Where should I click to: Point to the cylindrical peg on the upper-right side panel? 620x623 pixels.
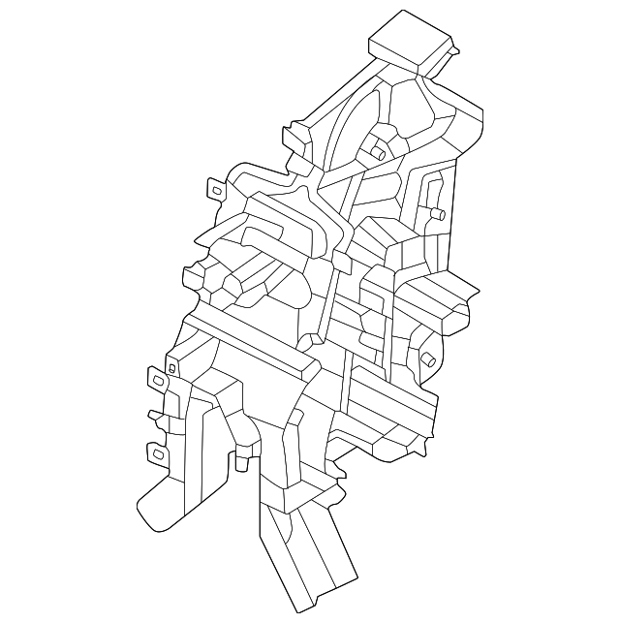[x=436, y=213]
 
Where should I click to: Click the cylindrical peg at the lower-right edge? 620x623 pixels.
[x=425, y=363]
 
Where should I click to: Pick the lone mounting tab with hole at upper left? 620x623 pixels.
[x=217, y=188]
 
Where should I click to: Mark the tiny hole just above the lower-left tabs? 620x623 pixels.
[x=170, y=368]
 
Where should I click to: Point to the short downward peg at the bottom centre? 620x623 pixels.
[x=243, y=463]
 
